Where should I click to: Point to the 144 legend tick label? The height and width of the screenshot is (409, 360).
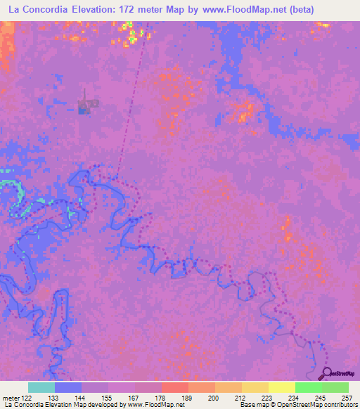(82, 397)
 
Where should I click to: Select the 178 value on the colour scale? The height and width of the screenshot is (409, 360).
(162, 397)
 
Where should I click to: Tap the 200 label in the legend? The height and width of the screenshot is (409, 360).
(215, 397)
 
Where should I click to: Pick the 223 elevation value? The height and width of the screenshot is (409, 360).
(269, 397)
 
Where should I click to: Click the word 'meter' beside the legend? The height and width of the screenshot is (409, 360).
(10, 397)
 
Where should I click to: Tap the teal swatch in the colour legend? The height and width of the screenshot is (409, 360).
(41, 387)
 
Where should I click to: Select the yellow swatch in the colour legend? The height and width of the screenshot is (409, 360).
(281, 387)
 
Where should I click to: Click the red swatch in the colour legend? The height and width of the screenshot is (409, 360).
(174, 387)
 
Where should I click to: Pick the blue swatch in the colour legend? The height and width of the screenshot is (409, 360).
(68, 387)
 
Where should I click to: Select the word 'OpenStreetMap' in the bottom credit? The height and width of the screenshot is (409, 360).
(309, 405)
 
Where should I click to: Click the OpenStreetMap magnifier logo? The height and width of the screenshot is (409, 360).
(328, 374)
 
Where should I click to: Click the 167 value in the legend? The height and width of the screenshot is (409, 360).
(134, 397)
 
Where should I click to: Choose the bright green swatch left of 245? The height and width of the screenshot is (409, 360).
(308, 387)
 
